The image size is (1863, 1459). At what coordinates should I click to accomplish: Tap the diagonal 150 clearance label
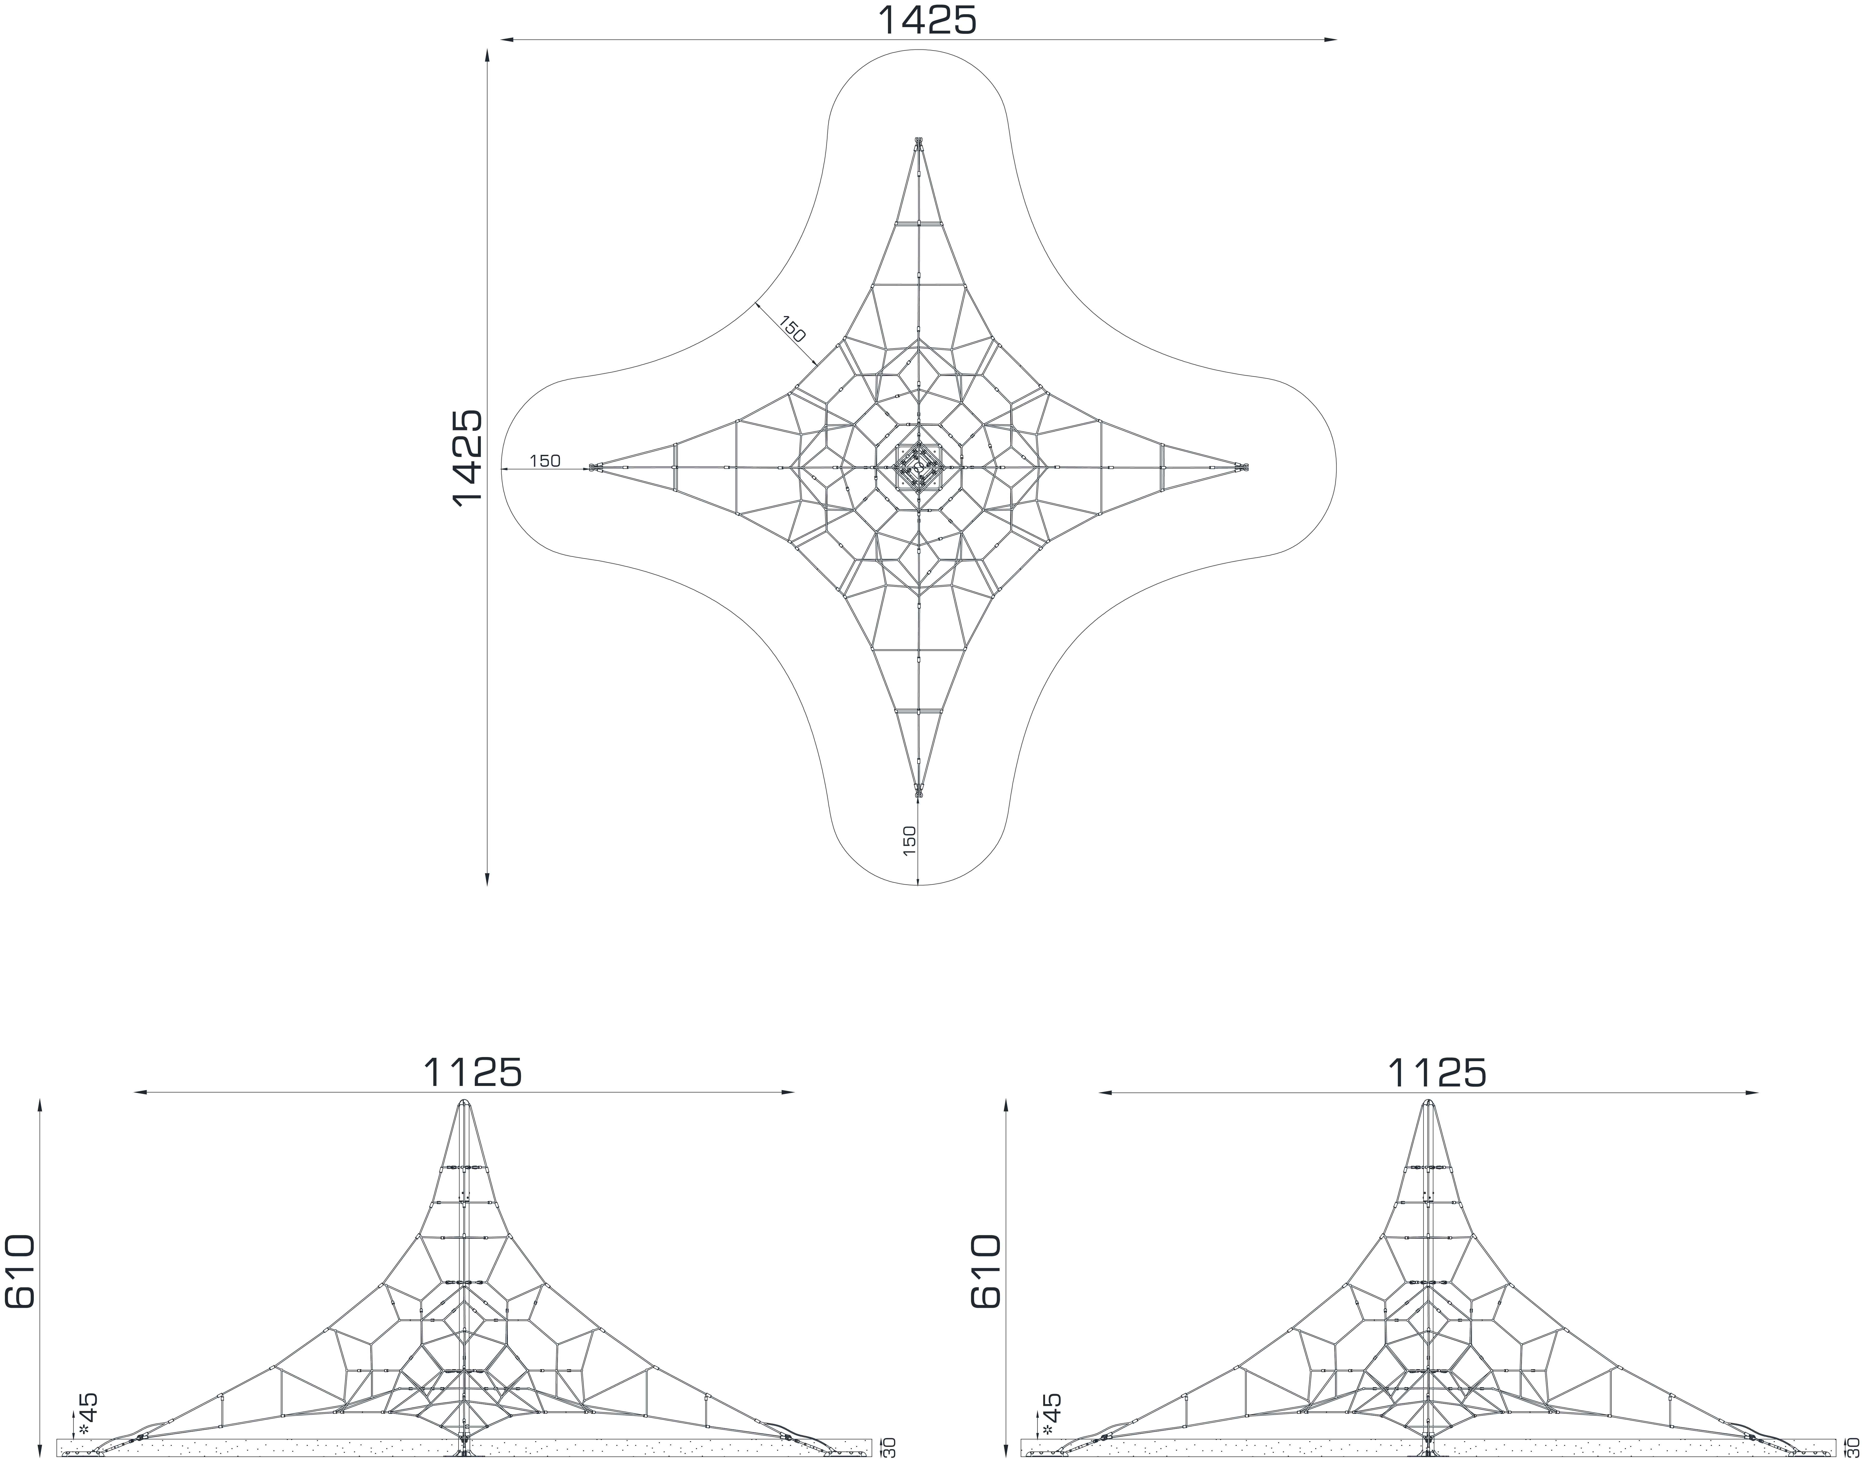(x=792, y=330)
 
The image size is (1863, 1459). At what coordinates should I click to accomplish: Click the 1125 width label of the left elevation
(x=472, y=1073)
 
